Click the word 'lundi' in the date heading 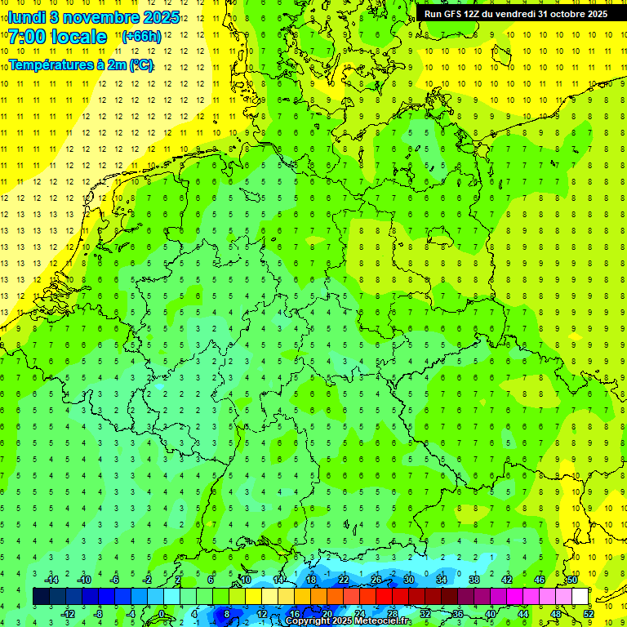(x=28, y=16)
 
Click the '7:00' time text (x=29, y=37)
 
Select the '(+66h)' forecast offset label (x=141, y=37)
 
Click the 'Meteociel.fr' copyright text (x=383, y=621)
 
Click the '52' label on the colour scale (x=589, y=614)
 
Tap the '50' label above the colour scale (x=572, y=580)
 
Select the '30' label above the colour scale (x=408, y=580)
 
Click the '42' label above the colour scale (x=506, y=580)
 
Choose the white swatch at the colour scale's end (x=580, y=597)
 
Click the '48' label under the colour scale (x=556, y=614)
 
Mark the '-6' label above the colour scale (x=115, y=580)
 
